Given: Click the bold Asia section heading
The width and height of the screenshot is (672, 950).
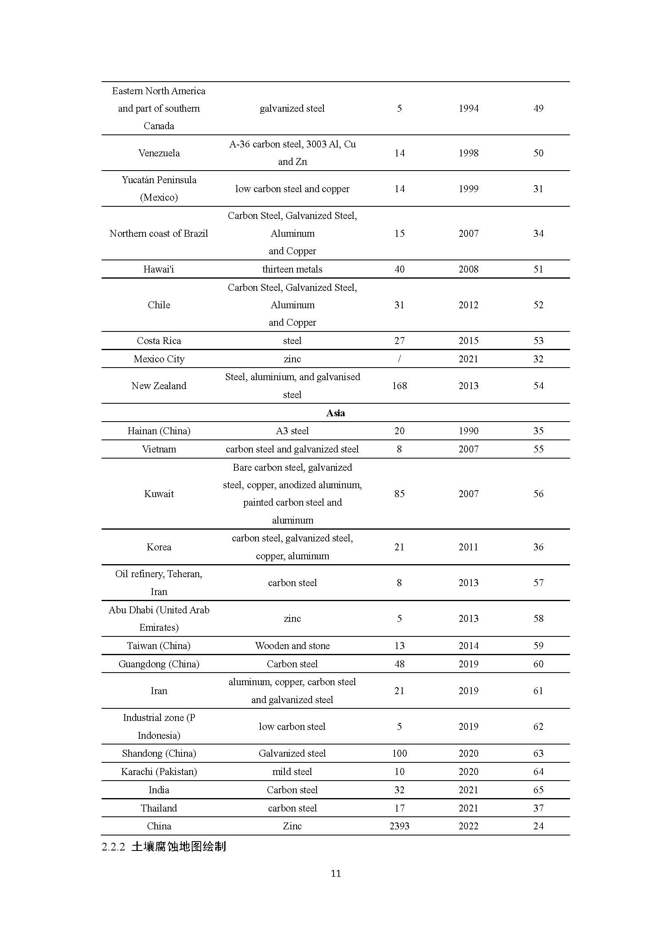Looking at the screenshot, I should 335,413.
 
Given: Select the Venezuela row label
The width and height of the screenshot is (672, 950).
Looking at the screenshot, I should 159,153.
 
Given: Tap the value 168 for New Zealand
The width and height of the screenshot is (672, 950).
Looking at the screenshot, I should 399,385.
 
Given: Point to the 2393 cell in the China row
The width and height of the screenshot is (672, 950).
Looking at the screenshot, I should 399,826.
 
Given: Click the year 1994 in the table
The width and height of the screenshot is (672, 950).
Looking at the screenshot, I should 468,108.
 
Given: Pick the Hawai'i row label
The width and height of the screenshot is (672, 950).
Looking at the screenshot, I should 159,269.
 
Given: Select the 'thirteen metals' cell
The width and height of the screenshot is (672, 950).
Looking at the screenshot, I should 292,269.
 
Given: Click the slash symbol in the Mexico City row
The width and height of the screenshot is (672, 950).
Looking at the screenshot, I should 399,359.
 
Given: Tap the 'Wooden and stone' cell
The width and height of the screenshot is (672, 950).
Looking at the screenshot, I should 292,646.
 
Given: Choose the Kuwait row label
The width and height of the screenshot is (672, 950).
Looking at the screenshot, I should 159,493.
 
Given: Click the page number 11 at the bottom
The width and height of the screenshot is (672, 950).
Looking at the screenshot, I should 336,874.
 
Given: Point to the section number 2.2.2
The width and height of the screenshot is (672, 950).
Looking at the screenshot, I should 113,847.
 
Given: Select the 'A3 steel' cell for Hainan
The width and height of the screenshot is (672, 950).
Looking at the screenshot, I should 292,431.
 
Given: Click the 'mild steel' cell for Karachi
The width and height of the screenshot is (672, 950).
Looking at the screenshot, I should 292,772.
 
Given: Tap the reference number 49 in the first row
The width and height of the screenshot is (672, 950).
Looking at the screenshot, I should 538,108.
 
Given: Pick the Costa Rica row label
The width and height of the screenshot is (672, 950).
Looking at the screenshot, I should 159,341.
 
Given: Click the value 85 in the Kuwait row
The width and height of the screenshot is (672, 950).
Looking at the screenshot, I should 399,493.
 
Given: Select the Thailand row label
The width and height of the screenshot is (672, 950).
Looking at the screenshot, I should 159,808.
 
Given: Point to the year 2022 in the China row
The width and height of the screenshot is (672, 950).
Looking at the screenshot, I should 468,826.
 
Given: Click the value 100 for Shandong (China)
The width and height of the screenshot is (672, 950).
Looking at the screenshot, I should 399,753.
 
